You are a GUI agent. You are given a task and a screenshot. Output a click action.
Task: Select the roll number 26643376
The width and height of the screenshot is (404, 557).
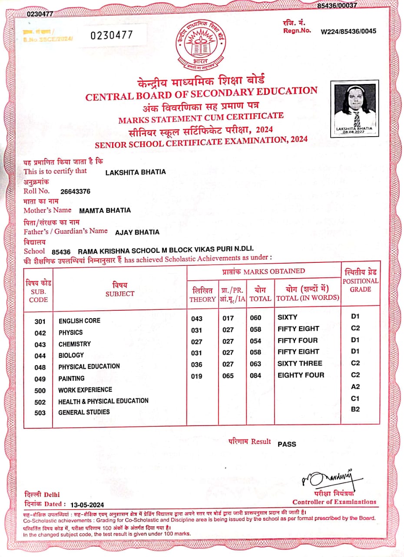[76, 191]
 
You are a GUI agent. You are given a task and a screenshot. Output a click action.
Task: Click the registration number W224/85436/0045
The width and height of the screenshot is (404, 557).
[348, 31]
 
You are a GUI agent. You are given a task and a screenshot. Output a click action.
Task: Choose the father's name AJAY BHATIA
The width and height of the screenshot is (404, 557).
[137, 232]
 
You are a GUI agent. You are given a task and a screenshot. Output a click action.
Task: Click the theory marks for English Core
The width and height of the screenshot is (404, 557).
[197, 319]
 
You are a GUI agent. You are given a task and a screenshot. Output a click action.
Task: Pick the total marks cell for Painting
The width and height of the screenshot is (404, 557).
[256, 376]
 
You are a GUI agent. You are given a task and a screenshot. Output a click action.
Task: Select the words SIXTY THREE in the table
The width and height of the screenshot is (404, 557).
[300, 363]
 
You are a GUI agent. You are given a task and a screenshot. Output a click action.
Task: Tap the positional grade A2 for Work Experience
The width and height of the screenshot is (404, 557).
[355, 386]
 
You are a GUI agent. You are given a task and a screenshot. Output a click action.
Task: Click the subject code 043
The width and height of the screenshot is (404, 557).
[40, 345]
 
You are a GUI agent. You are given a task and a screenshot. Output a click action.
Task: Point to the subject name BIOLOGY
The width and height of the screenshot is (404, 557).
[71, 356]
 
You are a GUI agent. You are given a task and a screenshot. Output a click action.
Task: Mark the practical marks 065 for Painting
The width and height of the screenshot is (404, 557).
[228, 376]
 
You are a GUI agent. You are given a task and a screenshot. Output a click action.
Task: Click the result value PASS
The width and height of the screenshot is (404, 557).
[287, 444]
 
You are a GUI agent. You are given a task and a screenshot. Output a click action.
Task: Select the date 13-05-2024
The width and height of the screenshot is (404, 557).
[88, 505]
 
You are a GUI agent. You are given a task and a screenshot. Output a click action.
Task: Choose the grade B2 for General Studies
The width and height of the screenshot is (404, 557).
[355, 409]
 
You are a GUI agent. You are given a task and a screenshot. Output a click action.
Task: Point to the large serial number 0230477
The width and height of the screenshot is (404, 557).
[111, 35]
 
